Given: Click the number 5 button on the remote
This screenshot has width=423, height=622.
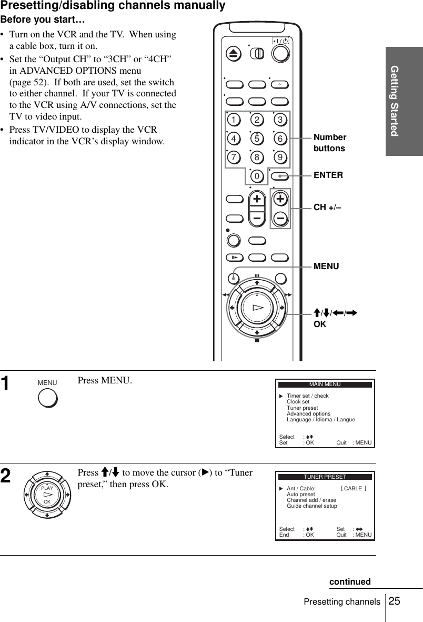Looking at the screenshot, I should coord(257,139).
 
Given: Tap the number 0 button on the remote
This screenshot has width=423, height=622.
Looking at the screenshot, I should coord(257,175).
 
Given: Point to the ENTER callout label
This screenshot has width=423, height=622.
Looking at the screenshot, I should coord(328,175).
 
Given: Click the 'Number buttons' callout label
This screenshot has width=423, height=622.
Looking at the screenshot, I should coord(330,143).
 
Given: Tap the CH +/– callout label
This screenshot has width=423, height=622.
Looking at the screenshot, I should coord(327,208).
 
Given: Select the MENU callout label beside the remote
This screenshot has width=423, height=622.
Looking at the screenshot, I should coord(326,266).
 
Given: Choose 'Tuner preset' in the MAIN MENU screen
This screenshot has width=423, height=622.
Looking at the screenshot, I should coord(302,408).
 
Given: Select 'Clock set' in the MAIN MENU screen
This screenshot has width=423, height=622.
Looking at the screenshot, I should coord(298,402).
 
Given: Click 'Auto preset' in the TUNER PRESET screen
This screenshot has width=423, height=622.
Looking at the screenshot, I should coord(300,494).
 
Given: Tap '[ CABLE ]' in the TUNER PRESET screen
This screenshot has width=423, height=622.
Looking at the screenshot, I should coord(354,488).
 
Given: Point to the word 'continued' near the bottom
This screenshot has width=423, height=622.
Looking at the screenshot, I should coord(350,581).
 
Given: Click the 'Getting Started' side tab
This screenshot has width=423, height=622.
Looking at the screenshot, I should coord(404,101).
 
